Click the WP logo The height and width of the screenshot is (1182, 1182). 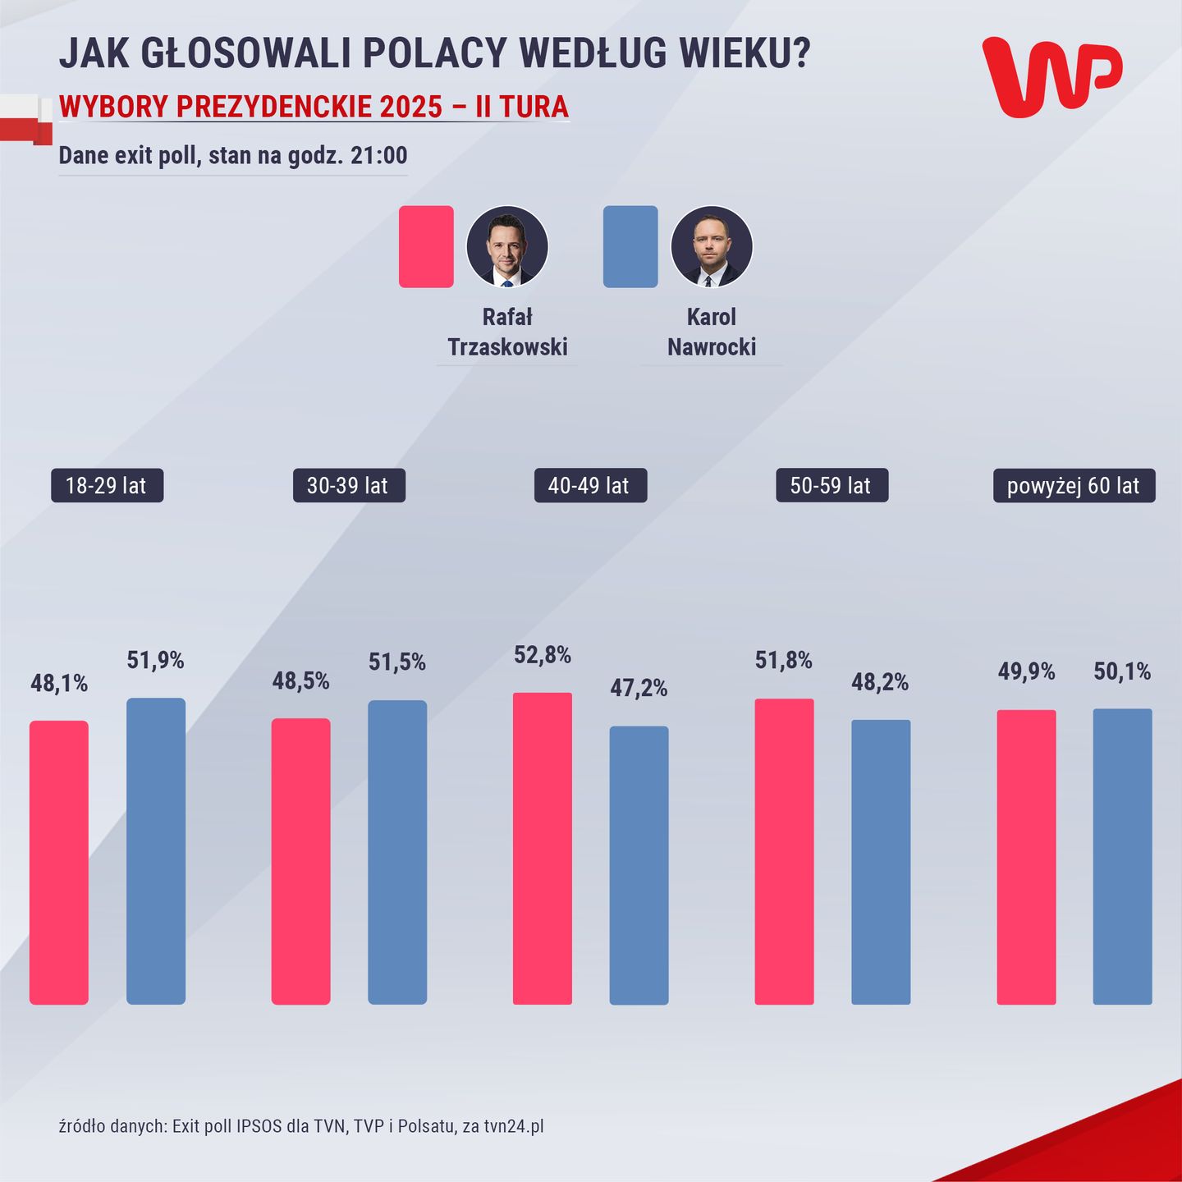tap(1051, 76)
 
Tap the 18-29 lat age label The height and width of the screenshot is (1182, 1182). tap(107, 485)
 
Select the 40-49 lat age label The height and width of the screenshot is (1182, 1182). tap(590, 485)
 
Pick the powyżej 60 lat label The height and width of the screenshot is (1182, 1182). tap(1074, 485)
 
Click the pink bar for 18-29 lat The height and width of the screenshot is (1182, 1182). tap(59, 862)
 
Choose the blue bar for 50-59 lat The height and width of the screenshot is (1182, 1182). tap(881, 862)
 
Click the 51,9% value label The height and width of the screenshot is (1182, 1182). tap(155, 660)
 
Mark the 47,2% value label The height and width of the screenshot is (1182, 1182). tap(639, 688)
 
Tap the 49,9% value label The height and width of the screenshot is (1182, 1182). tap(1026, 671)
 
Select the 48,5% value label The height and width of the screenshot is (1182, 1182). tap(301, 680)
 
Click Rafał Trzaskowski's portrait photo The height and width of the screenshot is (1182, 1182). tap(507, 246)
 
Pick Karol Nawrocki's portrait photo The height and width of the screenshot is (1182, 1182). tap(712, 246)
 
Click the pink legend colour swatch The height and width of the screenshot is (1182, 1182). tap(426, 246)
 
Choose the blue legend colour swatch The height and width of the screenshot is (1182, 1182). tap(630, 246)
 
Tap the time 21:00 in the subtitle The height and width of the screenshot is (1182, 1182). tap(378, 155)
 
